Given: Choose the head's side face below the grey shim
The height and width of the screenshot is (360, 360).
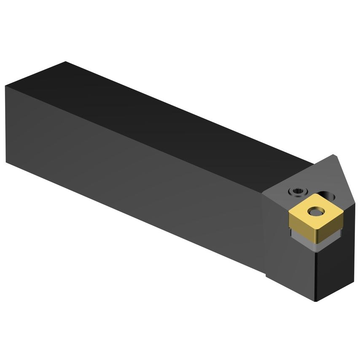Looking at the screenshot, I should pyautogui.click(x=291, y=261).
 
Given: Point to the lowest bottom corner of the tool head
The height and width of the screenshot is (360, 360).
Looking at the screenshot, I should pyautogui.click(x=316, y=301).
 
